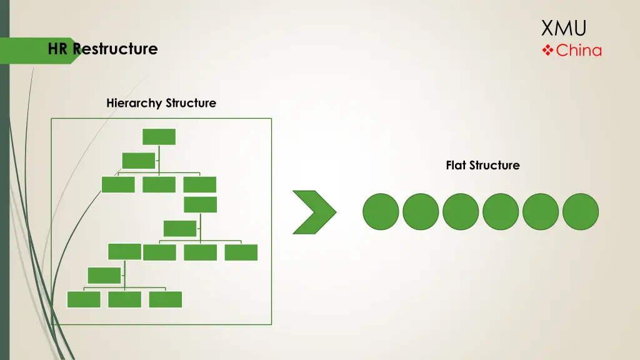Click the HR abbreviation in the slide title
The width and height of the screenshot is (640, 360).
(59, 49)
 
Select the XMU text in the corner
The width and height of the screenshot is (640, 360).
(564, 28)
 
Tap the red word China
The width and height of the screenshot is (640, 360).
(579, 51)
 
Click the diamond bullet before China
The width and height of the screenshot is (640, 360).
(547, 51)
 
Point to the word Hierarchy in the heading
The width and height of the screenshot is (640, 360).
(132, 103)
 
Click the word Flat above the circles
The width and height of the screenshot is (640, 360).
(456, 166)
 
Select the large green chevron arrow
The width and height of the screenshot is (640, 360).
(314, 212)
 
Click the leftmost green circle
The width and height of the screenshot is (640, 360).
(381, 211)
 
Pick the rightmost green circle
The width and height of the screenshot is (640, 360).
(581, 211)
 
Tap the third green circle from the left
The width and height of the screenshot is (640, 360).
(461, 211)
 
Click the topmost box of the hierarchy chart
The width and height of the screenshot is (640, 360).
(159, 137)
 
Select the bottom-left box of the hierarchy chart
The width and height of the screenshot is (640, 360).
(84, 299)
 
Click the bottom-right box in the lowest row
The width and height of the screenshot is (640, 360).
(166, 299)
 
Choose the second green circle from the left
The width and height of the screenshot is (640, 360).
(421, 211)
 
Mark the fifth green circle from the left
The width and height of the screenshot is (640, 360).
(541, 211)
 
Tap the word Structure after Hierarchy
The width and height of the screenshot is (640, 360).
(191, 103)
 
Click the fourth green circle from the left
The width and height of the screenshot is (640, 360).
(501, 211)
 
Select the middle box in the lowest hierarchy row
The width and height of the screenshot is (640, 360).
(124, 299)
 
